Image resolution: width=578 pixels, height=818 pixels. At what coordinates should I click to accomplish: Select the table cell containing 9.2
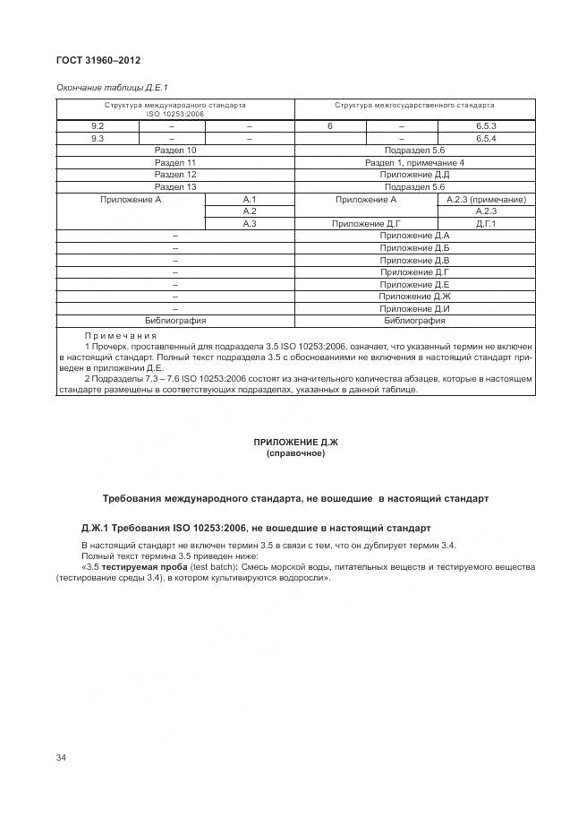98,126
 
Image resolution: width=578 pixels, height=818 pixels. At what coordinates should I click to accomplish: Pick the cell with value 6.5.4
486,139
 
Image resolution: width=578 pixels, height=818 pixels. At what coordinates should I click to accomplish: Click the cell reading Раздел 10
175,151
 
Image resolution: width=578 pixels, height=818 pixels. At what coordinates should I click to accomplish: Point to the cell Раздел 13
175,186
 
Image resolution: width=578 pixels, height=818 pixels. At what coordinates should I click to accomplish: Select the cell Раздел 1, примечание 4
414,163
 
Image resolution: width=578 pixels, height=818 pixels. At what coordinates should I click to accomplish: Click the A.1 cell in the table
250,199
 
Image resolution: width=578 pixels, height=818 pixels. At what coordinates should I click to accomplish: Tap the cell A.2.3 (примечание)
486,199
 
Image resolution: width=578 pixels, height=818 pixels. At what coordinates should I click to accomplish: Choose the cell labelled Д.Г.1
486,223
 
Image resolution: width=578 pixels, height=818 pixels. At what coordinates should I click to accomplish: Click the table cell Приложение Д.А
414,236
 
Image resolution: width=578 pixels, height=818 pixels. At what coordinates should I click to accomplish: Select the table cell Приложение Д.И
414,307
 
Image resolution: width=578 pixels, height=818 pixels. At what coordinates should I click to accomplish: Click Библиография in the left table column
175,320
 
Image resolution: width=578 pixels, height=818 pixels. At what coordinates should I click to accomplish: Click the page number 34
61,758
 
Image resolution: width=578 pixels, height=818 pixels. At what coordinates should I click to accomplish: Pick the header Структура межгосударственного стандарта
414,105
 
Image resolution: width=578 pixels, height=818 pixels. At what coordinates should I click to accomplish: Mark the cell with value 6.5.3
486,126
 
